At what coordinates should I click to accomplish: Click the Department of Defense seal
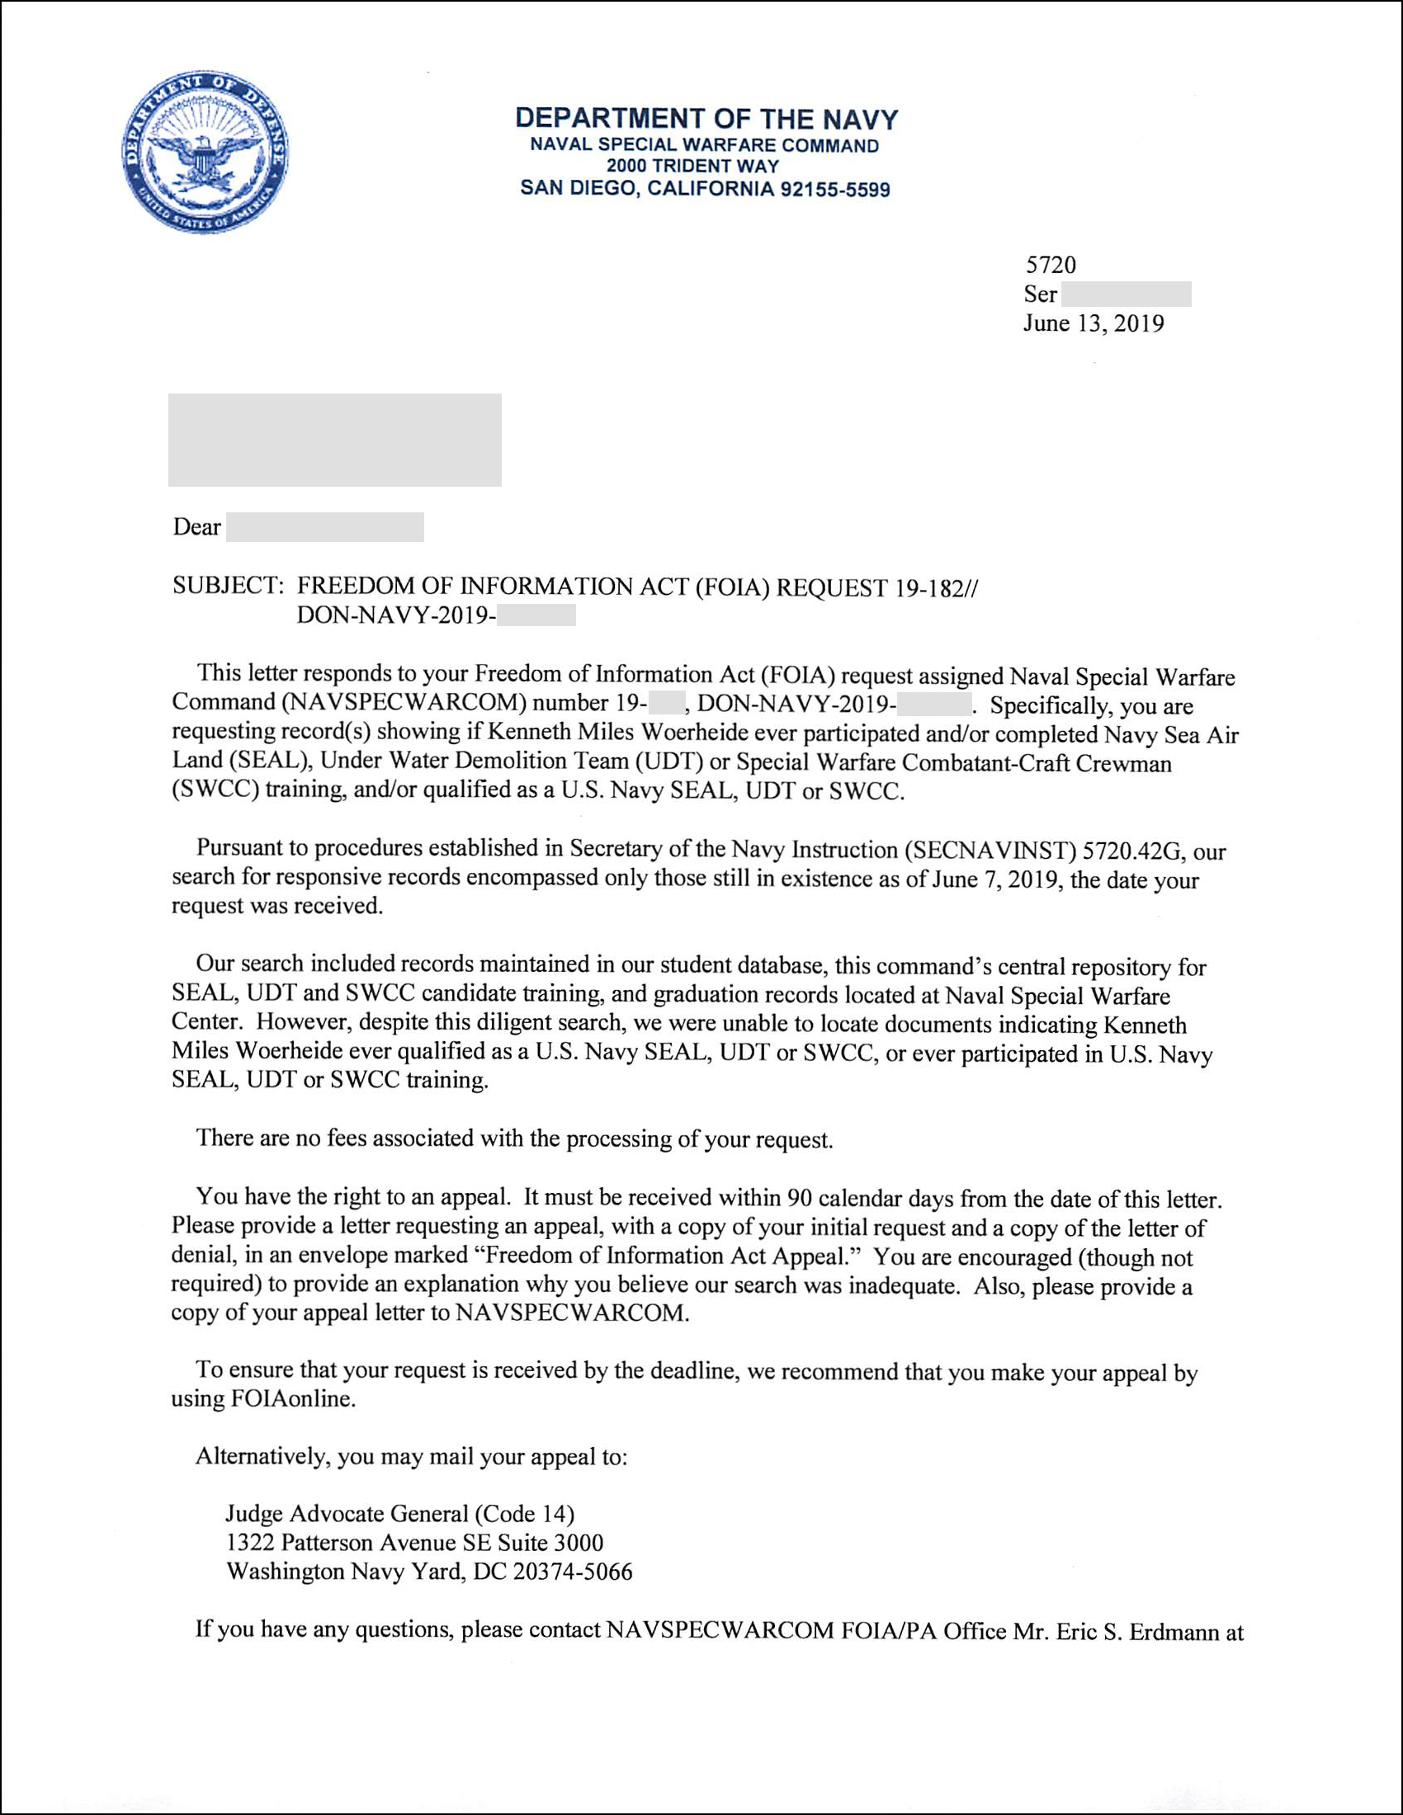point(205,151)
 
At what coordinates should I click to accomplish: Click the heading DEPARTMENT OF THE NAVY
point(706,119)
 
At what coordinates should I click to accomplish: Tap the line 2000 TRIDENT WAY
point(692,166)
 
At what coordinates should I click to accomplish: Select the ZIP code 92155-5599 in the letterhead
point(834,190)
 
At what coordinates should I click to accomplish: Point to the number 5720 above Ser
point(1051,265)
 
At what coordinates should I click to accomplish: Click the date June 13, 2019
point(1093,323)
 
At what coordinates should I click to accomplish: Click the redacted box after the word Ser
point(1127,295)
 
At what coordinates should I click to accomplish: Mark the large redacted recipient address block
point(334,440)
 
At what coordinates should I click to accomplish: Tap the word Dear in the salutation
point(197,528)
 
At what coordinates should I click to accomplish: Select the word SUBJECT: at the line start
point(229,586)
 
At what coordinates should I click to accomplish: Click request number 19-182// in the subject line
point(937,589)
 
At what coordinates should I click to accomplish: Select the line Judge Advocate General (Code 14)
point(399,1514)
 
